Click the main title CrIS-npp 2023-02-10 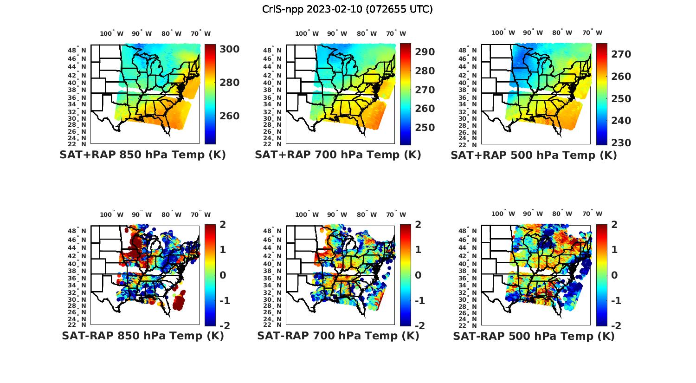point(348,9)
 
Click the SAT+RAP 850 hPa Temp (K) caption point(142,155)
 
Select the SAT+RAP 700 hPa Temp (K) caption point(338,155)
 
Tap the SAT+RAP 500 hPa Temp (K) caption point(534,155)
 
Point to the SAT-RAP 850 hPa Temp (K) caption point(142,336)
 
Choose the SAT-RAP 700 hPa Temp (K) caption point(338,336)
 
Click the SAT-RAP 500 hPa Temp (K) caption point(534,336)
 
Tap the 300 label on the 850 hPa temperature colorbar point(229,49)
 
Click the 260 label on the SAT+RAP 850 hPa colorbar point(229,116)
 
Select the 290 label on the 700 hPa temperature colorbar point(425,52)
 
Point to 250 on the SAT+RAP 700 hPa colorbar point(425,128)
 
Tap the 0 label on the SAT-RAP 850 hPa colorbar point(222,275)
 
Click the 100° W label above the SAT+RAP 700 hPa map point(307,33)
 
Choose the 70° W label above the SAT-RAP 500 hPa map point(592,214)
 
